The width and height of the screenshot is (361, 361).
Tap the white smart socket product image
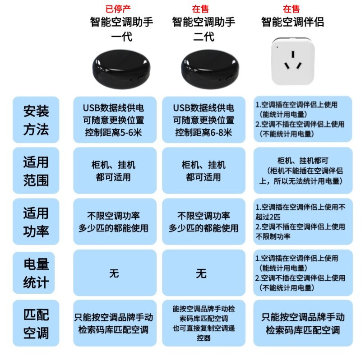pos(292,61)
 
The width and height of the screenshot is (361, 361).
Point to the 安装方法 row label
pos(36,120)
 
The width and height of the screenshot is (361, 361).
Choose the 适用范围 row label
pos(36,171)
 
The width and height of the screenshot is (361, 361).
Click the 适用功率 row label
pos(36,222)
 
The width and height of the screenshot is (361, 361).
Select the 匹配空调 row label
pos(36,324)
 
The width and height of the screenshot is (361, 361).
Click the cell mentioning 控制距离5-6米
pos(115,120)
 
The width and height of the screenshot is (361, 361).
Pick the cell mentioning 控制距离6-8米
pos(204,120)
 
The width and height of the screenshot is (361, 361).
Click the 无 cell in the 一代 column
pos(115,273)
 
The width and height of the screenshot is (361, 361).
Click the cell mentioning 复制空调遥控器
pos(204,323)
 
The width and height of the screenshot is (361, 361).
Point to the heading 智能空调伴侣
pos(292,22)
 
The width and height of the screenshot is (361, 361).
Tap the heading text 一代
pos(121,37)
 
